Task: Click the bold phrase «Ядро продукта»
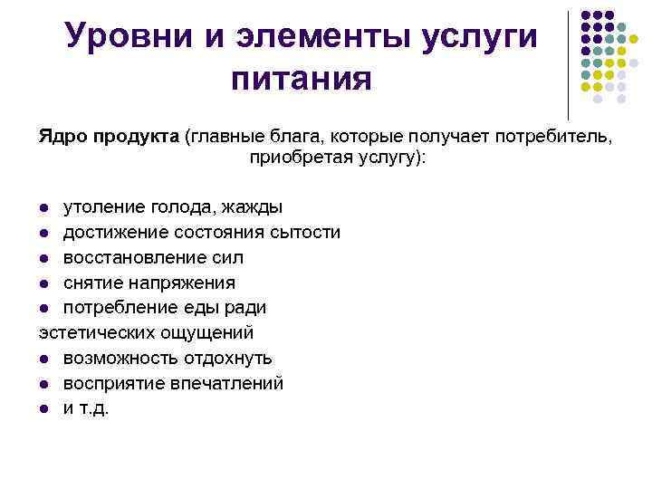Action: coord(108,136)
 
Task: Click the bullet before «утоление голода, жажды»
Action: coord(44,208)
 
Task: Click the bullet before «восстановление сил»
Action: coord(44,259)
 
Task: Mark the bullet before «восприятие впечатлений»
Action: coord(44,384)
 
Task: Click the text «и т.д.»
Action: coord(85,408)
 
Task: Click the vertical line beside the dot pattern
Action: coord(568,63)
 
